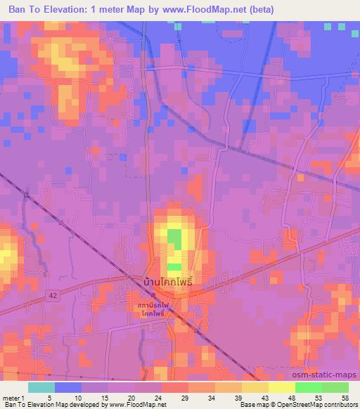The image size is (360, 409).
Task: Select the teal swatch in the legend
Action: coord(41,387)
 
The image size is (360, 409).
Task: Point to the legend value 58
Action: coord(344,398)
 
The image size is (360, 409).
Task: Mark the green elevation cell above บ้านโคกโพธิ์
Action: coord(173,237)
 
